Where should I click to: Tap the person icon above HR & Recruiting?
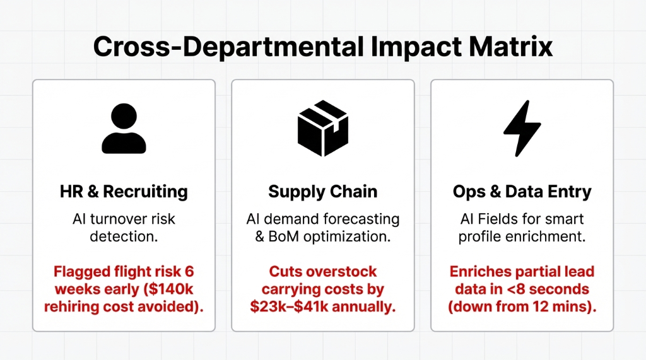(124, 129)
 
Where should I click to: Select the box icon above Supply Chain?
(322, 129)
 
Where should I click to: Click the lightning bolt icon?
(522, 129)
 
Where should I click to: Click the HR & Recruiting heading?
(124, 192)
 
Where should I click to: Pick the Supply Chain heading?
(322, 192)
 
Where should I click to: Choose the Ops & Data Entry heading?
(522, 192)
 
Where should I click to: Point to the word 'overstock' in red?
(341, 272)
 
